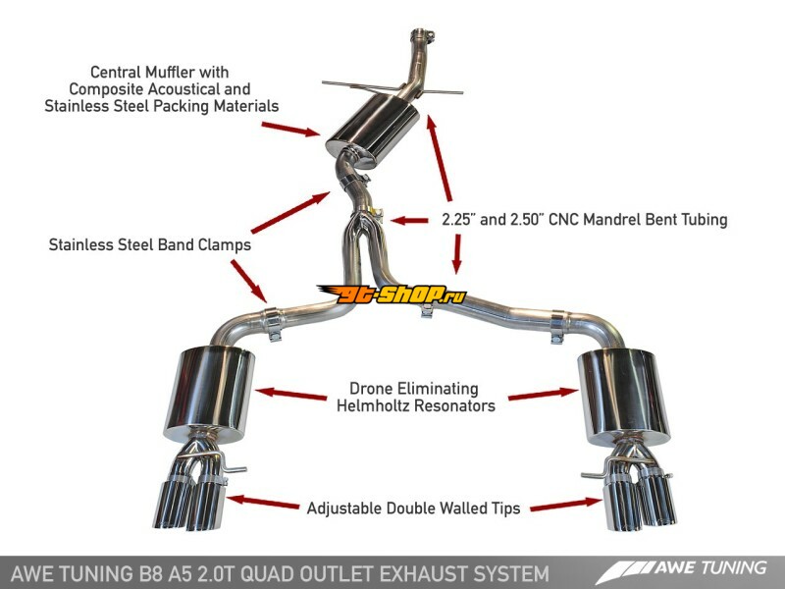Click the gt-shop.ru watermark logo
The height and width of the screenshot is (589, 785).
(x=392, y=294)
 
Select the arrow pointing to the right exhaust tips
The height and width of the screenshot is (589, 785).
(x=569, y=505)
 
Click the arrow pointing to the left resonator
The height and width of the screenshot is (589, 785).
(x=290, y=395)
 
